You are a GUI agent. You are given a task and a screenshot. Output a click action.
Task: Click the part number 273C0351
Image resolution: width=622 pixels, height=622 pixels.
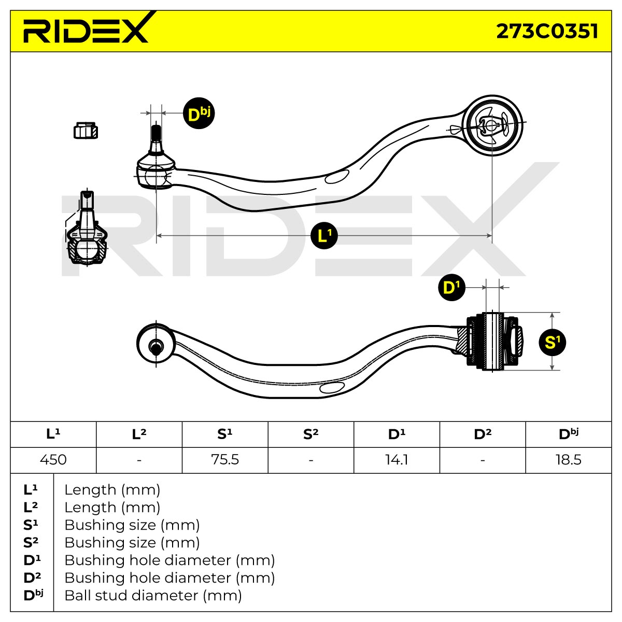pyautogui.click(x=547, y=31)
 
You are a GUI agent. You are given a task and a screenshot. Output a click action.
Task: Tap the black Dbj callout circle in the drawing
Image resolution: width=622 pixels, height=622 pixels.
pyautogui.click(x=199, y=114)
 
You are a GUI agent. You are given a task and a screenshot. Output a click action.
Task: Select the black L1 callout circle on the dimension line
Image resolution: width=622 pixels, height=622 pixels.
pyautogui.click(x=324, y=235)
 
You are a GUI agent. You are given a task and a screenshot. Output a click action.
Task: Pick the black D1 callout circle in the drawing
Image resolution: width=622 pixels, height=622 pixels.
pyautogui.click(x=451, y=288)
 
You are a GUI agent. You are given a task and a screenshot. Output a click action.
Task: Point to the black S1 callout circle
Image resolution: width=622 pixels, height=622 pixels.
pyautogui.click(x=552, y=343)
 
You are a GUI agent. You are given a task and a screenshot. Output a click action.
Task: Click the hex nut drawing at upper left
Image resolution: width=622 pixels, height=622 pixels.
pyautogui.click(x=86, y=131)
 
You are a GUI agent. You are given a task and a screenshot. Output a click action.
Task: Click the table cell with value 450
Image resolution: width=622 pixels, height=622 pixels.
pyautogui.click(x=53, y=460)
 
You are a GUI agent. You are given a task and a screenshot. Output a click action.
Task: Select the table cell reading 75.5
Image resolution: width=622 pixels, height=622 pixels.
pyautogui.click(x=225, y=460)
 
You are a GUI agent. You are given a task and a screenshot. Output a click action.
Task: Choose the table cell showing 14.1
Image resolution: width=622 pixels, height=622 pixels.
pyautogui.click(x=397, y=460)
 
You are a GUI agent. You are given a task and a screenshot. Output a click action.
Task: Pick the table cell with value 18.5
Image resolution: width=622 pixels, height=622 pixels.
pyautogui.click(x=569, y=460)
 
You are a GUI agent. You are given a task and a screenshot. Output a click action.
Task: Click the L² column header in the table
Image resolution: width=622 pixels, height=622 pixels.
pyautogui.click(x=139, y=434)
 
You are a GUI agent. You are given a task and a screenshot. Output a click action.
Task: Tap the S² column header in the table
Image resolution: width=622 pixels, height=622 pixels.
pyautogui.click(x=311, y=434)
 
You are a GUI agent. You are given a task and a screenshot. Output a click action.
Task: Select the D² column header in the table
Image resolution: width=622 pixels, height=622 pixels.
pyautogui.click(x=483, y=434)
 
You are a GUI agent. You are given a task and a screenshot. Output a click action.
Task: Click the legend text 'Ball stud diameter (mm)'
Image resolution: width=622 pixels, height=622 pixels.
pyautogui.click(x=153, y=596)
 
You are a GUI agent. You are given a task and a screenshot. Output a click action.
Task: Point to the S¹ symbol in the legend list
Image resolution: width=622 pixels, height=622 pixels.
pyautogui.click(x=31, y=525)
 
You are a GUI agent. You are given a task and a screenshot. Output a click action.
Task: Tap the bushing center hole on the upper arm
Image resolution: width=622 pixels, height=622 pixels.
pyautogui.click(x=490, y=125)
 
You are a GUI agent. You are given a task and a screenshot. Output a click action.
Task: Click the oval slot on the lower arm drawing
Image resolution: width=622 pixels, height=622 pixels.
pyautogui.click(x=332, y=387)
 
